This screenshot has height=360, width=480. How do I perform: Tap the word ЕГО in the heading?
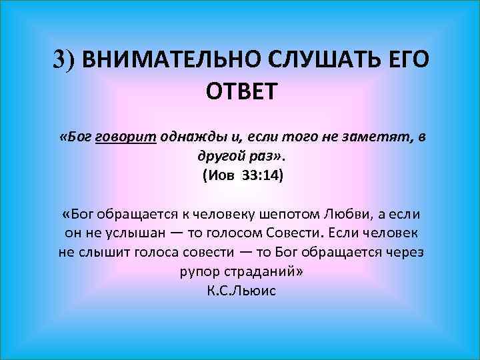(407, 61)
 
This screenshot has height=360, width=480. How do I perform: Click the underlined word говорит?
(126, 137)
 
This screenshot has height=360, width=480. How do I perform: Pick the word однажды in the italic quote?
(187, 137)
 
